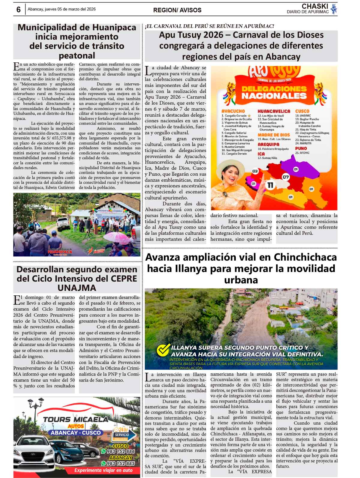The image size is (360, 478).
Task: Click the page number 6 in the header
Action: pyautogui.click(x=18, y=10)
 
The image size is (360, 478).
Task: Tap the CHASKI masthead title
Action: pyautogui.click(x=315, y=6)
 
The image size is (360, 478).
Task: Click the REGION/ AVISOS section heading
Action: pyautogui.click(x=177, y=10)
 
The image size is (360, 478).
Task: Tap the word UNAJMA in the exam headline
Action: pyautogui.click(x=77, y=288)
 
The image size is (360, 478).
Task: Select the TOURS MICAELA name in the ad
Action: pyautogui.click(x=76, y=420)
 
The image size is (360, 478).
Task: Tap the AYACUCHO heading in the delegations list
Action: pyautogui.click(x=233, y=111)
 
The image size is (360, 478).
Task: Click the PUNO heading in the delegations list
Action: pyautogui.click(x=301, y=148)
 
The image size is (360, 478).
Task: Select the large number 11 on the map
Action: pyautogui.click(x=270, y=185)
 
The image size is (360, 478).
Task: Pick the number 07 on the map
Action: pyautogui.click(x=286, y=177)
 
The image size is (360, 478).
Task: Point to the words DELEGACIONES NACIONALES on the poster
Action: pyautogui.click(x=274, y=92)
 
